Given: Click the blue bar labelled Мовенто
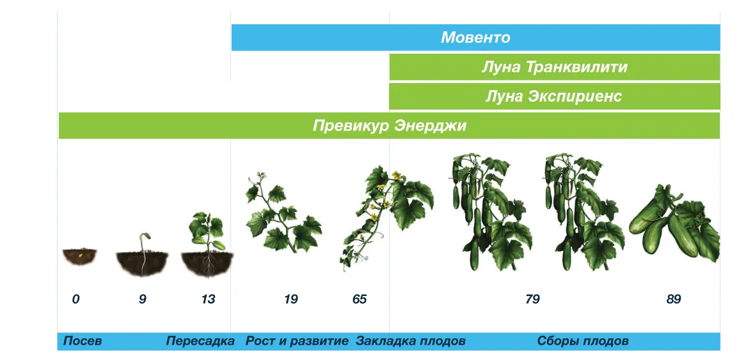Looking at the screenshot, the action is (x=476, y=38).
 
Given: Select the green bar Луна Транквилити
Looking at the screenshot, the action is (x=555, y=67).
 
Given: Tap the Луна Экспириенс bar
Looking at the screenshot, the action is (x=555, y=97).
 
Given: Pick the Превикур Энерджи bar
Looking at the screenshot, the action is (x=389, y=125).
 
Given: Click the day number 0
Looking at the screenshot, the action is (x=75, y=299).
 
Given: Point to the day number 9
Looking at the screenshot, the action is (x=142, y=299).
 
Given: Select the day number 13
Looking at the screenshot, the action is (x=208, y=299).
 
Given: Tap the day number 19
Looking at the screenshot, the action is (x=290, y=299).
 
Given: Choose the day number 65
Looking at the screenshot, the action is (x=359, y=299).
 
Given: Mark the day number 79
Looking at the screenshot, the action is (x=532, y=299).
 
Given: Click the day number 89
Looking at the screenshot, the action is (x=674, y=299).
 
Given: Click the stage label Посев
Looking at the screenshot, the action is (x=83, y=341).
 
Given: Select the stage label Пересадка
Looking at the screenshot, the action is (x=200, y=341).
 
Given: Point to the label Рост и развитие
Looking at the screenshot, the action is (x=297, y=341).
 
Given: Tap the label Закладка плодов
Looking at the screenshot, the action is (x=411, y=341).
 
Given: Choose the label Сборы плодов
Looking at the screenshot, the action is (x=583, y=341).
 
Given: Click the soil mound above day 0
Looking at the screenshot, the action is (x=79, y=256).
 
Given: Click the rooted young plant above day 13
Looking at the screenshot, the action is (x=207, y=246).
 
